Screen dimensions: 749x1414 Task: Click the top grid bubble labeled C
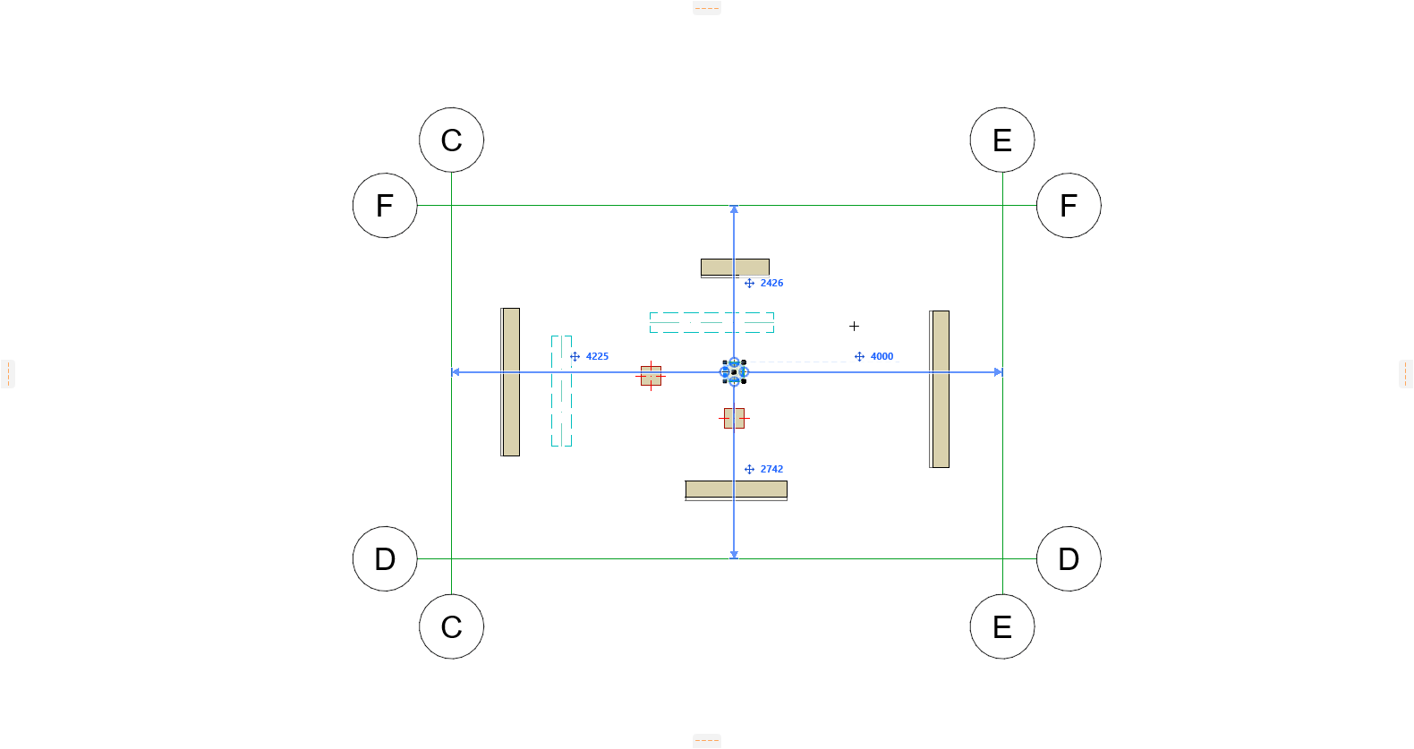[451, 140]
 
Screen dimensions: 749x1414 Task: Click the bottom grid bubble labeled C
[451, 626]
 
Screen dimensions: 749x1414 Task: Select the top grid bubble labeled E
[1002, 140]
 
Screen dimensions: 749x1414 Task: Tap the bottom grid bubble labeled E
[1002, 626]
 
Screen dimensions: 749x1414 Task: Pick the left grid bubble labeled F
[385, 206]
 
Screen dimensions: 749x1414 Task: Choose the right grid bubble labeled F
[1069, 206]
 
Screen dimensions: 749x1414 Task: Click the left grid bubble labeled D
[385, 558]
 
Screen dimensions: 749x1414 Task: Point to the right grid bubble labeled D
[1069, 558]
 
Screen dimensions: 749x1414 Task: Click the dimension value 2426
[771, 283]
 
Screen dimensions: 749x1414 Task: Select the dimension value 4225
[597, 356]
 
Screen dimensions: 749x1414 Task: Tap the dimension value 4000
[882, 356]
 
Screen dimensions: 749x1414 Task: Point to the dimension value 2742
[771, 469]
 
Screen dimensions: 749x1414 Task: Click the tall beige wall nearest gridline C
[510, 382]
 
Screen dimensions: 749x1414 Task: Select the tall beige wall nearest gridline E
[940, 389]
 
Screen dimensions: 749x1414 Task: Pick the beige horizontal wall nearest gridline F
[735, 268]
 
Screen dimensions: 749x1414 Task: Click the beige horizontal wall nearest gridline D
[736, 489]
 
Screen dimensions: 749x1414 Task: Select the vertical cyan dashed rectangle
[561, 391]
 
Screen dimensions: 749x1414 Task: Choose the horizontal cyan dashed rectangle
[711, 322]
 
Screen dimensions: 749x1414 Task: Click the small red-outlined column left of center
[651, 376]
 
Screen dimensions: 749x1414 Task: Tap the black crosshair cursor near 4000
[854, 327]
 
